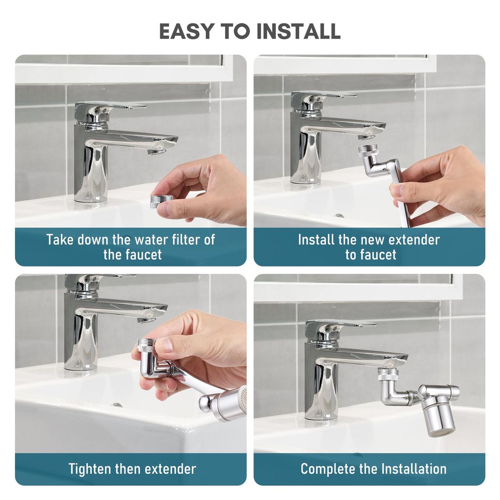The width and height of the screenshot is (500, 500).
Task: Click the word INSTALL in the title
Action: [x=298, y=31]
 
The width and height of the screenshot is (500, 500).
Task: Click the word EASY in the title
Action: [x=186, y=31]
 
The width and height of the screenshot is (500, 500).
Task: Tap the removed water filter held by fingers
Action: [x=161, y=201]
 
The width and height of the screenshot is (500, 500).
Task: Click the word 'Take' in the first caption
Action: [x=60, y=240]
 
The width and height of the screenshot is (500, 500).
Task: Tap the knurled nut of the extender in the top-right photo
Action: [x=367, y=151]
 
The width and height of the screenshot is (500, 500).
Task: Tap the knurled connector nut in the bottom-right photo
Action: [x=387, y=375]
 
